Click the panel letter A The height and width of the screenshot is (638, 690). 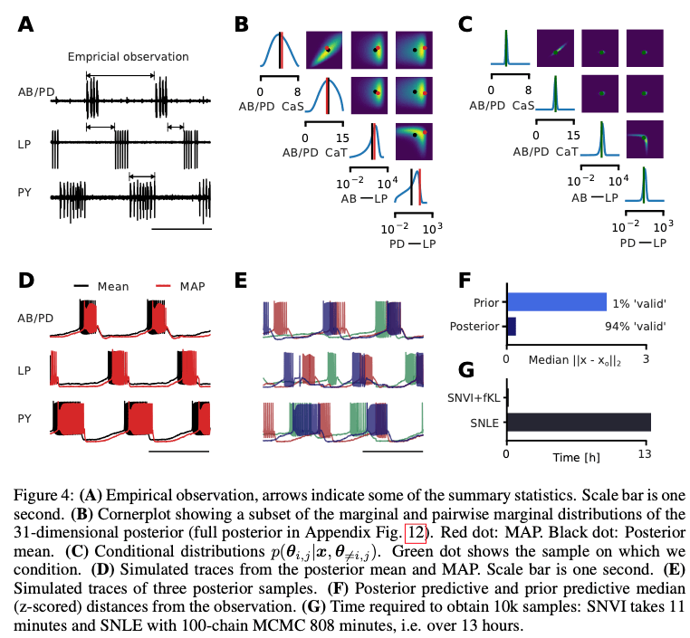click(x=25, y=24)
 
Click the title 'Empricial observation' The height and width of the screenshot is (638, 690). click(x=128, y=57)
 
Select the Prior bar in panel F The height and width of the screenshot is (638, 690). click(x=557, y=302)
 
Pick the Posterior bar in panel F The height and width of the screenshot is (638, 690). click(x=512, y=327)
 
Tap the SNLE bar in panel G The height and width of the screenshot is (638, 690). click(x=580, y=422)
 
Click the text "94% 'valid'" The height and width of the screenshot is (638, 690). click(x=635, y=327)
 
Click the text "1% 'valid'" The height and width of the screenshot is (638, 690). click(x=639, y=303)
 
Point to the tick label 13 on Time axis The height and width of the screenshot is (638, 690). click(x=645, y=453)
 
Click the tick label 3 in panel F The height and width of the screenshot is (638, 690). click(x=646, y=358)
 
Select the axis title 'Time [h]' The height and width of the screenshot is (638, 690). click(x=576, y=458)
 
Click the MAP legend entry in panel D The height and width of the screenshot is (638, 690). click(x=180, y=286)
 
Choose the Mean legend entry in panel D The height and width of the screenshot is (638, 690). click(x=101, y=286)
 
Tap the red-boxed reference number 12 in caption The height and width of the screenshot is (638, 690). click(x=415, y=532)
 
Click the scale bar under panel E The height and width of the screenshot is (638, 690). click(x=392, y=452)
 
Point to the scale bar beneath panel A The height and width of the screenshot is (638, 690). click(x=181, y=229)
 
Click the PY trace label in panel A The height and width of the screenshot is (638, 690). click(x=24, y=193)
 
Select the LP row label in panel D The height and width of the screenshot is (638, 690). click(x=24, y=371)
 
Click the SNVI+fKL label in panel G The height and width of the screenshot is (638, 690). click(x=474, y=398)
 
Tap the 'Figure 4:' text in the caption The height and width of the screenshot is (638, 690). click(x=43, y=496)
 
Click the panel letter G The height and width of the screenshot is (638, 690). click(x=466, y=370)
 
